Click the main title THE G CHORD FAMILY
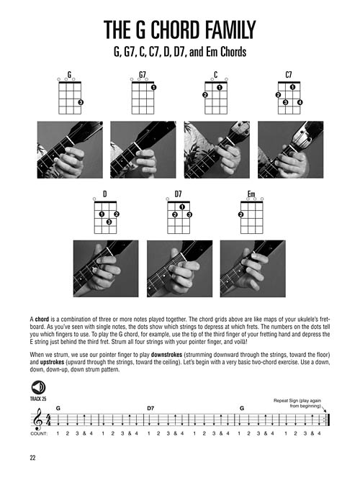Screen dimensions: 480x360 click(179, 30)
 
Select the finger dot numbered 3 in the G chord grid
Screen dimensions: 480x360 click(80, 103)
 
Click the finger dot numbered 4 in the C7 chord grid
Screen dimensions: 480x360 click(300, 103)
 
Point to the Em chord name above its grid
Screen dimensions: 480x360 click(251, 194)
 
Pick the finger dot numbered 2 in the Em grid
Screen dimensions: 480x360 click(240, 214)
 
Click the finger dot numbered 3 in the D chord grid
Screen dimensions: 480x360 click(108, 222)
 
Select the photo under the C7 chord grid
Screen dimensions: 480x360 click(289, 149)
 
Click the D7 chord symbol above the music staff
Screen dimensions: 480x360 click(150, 407)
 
